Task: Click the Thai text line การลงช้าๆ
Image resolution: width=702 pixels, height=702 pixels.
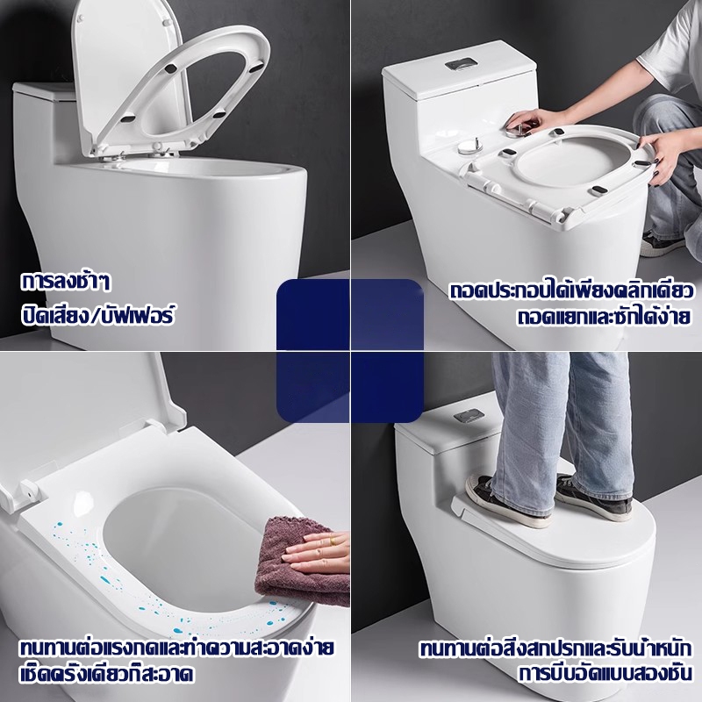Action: [x=65, y=282]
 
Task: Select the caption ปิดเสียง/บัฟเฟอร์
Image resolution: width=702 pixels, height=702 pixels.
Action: [x=97, y=314]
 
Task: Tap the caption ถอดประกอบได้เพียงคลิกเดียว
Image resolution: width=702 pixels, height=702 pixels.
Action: [x=571, y=290]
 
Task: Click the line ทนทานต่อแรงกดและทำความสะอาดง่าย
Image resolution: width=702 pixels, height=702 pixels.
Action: [x=176, y=648]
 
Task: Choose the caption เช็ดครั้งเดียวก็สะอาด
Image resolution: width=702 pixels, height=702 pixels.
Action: [x=106, y=674]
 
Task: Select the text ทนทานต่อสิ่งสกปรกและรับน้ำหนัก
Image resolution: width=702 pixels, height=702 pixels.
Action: [x=555, y=648]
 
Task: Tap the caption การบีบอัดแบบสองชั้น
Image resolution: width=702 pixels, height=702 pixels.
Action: [x=605, y=674]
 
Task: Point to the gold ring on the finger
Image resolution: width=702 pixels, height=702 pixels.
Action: [x=332, y=541]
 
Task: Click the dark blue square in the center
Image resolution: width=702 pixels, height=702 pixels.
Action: [x=349, y=350]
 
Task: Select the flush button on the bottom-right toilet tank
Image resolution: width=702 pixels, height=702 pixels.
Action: [x=469, y=416]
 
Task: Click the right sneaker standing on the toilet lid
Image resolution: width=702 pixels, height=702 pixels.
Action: [x=593, y=496]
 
